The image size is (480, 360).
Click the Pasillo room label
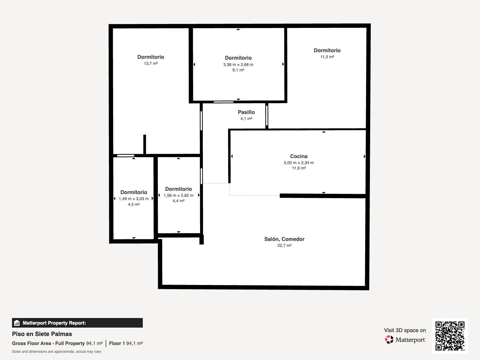tap(246, 112)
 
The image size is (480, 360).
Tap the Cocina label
tap(299, 156)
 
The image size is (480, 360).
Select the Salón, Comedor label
tap(284, 239)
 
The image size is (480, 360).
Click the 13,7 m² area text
tap(151, 63)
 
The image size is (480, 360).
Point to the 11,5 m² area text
tap(327, 57)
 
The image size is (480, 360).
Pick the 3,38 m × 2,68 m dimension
tap(238, 65)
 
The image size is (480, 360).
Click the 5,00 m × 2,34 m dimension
tap(299, 163)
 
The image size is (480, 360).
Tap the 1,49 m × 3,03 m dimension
tap(133, 199)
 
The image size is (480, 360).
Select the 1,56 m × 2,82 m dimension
tap(178, 195)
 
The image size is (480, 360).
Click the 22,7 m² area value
tap(284, 245)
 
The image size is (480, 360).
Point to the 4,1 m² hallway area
tap(246, 119)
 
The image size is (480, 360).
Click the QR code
tap(450, 336)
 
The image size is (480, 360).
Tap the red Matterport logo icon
tap(389, 340)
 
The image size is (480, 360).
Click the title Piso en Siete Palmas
tap(42, 334)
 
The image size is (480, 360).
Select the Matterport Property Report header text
tap(55, 323)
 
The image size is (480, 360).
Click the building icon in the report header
tap(17, 323)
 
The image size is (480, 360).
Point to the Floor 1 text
tap(117, 343)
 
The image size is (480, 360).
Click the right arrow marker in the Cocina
tap(364, 156)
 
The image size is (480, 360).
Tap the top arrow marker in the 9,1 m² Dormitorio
tap(238, 29)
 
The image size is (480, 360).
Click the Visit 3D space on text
tap(405, 330)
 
